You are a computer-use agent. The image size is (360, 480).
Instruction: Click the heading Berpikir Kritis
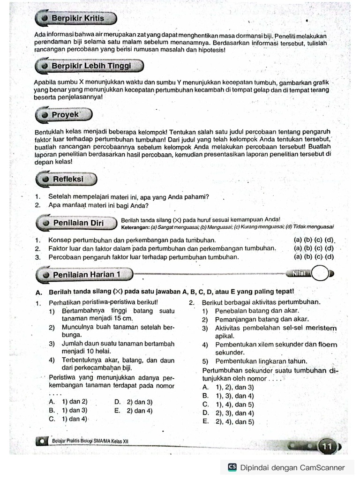coord(77,19)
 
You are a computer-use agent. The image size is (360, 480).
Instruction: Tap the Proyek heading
coord(66,114)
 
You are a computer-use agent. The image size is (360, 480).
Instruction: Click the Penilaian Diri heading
coord(78,223)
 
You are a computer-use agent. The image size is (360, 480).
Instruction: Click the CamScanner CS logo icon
coord(232,467)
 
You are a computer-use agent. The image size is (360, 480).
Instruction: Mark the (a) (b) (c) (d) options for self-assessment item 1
coord(314,240)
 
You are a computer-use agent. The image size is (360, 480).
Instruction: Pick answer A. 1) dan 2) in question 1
coord(68,402)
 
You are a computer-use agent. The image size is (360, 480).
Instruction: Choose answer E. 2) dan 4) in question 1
coord(133,411)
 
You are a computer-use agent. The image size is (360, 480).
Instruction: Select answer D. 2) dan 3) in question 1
coord(133,402)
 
